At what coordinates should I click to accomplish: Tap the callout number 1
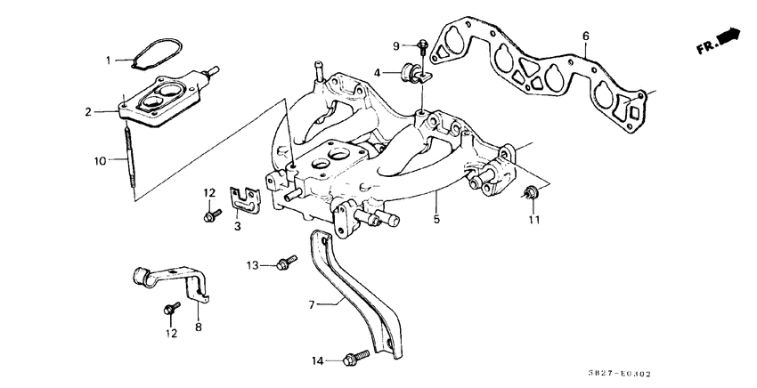pyautogui.click(x=109, y=61)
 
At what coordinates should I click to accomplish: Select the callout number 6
pyautogui.click(x=585, y=36)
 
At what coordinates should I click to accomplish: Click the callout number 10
pyautogui.click(x=101, y=160)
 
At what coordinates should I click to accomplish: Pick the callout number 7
pyautogui.click(x=312, y=304)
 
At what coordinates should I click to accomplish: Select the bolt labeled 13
pyautogui.click(x=285, y=263)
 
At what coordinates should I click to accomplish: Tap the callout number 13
pyautogui.click(x=252, y=264)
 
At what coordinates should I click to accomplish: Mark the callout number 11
pyautogui.click(x=533, y=219)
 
